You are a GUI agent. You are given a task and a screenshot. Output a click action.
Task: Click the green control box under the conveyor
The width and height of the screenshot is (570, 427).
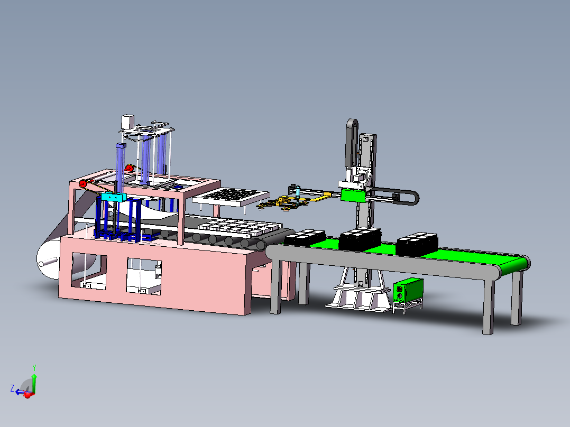point(408,290)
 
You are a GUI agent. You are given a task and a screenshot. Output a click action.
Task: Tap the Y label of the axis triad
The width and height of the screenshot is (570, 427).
point(34,368)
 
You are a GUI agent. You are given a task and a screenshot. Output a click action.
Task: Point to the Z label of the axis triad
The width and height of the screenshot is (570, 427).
point(12,388)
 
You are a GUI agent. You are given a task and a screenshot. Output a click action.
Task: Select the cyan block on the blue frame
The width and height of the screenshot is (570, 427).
point(114,197)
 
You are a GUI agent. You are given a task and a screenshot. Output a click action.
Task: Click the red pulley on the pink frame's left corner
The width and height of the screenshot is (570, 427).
point(83,184)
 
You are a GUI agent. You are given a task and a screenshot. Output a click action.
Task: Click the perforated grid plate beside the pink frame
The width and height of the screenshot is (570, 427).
point(231,197)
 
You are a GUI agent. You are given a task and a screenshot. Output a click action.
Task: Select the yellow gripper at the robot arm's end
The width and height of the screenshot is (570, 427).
point(287,202)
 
